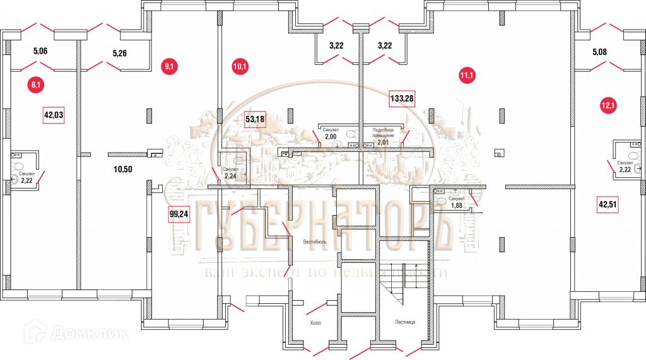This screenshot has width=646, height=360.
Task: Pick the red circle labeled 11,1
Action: tap(467, 77)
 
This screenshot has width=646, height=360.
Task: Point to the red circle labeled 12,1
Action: tap(609, 105)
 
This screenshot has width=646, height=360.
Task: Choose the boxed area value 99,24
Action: tap(180, 214)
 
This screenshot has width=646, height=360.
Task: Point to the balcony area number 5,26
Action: tap(120, 53)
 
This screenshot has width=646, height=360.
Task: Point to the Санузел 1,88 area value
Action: tap(456, 204)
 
